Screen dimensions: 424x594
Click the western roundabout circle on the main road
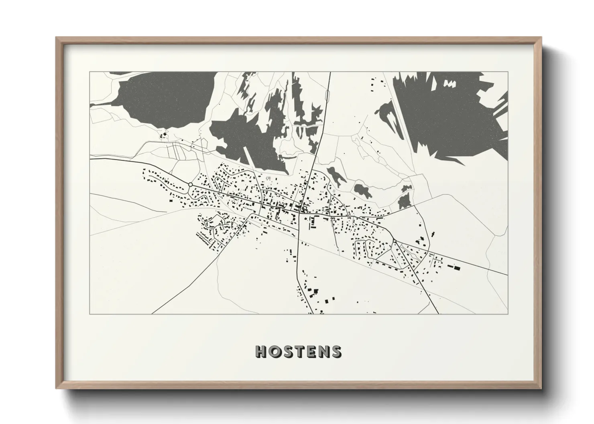coord(190,184)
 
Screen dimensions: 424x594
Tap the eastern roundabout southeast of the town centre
coord(395,240)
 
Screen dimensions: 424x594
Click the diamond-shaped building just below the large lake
coord(163,136)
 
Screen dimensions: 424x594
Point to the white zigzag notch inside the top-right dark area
coord(450,83)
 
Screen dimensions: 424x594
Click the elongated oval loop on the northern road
coord(328,96)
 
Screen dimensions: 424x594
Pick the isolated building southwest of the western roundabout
coord(170,200)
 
